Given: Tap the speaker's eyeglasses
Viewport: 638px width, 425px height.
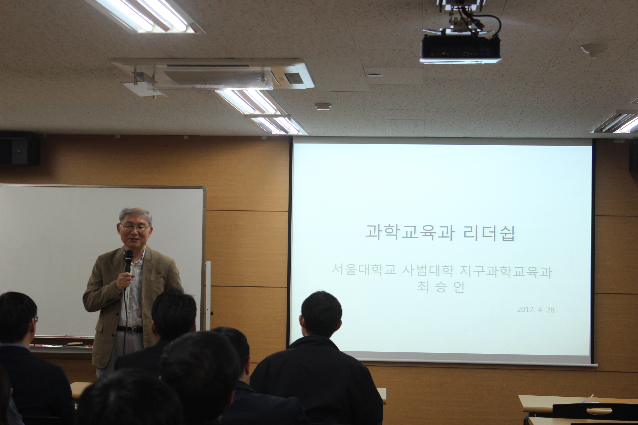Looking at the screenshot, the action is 135,227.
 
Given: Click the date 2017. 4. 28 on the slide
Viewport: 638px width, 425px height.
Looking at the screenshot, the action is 536,310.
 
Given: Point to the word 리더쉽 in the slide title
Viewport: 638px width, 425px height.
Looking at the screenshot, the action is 489,233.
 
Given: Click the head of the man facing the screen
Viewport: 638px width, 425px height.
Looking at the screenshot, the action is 321,314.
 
